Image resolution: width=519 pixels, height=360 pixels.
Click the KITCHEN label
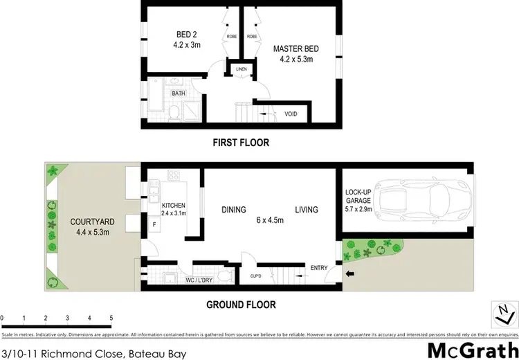(173, 206)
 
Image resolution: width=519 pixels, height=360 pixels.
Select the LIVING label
(306, 210)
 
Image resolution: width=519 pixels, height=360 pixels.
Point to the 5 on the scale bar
(111, 318)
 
